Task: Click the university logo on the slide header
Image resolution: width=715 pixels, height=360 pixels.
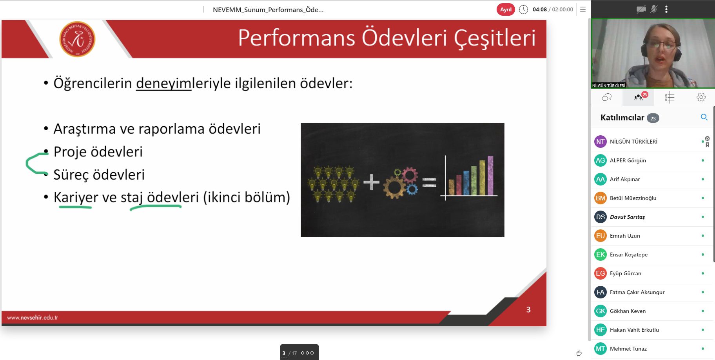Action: [x=77, y=39]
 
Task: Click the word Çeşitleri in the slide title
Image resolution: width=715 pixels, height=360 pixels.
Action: [x=495, y=38]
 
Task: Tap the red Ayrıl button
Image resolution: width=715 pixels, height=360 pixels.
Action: [x=506, y=9]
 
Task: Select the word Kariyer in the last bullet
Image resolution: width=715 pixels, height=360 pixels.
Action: [x=76, y=197]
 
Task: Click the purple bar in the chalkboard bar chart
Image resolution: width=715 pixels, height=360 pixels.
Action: [x=490, y=175]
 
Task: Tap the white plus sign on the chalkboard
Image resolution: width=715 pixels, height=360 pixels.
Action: [x=371, y=182]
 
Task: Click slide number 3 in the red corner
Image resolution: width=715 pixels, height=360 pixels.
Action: [x=528, y=310]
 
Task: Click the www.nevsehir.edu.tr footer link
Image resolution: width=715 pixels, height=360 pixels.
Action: [x=33, y=317]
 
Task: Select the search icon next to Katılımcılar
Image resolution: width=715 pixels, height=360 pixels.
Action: [x=704, y=117]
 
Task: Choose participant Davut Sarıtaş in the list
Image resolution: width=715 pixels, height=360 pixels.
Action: [x=627, y=217]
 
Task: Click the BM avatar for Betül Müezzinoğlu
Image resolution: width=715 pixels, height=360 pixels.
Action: [x=601, y=198]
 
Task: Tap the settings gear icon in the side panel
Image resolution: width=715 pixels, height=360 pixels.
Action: [x=701, y=97]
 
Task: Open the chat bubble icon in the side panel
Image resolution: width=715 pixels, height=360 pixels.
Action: [x=606, y=97]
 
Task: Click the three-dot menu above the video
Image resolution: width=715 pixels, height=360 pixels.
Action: [x=666, y=9]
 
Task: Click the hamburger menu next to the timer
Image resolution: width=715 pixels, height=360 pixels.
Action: [x=583, y=9]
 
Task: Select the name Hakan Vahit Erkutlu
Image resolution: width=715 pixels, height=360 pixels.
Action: [x=634, y=330]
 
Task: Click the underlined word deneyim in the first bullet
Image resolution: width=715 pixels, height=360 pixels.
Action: [x=163, y=84]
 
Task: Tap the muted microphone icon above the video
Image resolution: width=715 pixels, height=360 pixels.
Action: [x=653, y=9]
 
